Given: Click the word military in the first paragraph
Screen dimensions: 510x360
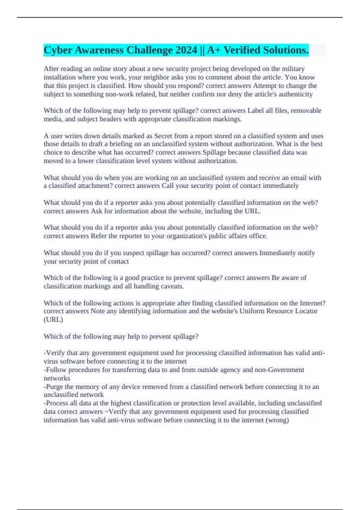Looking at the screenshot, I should point(293,69).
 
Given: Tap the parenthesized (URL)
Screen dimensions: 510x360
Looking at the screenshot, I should point(53,319).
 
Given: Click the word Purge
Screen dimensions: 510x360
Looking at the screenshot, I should point(54,387).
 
